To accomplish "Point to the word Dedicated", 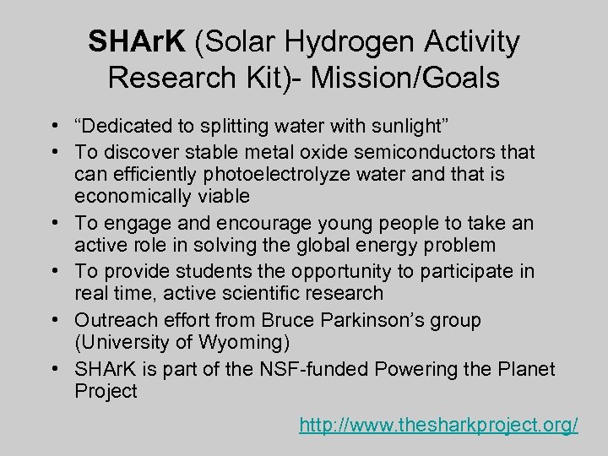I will (x=124, y=128).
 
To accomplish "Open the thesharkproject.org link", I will (x=438, y=425).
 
